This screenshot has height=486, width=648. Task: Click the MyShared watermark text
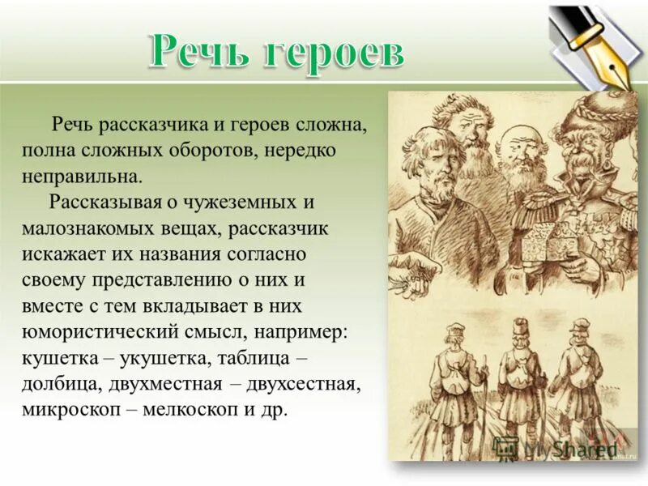pos(567,446)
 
